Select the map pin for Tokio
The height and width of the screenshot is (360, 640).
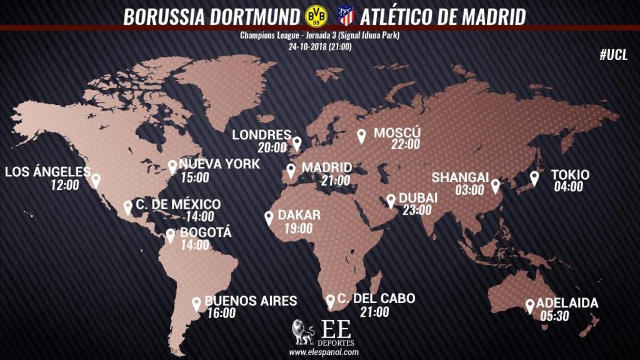(534, 177)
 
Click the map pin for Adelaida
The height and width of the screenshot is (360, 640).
(530, 305)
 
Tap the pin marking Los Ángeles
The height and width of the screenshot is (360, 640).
(96, 180)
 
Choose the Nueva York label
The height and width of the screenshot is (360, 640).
(211, 164)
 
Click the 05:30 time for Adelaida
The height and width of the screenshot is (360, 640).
(554, 316)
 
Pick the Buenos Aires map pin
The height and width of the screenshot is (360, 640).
(196, 303)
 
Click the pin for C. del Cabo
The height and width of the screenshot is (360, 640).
(330, 301)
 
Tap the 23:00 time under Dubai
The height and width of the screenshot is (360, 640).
(416, 210)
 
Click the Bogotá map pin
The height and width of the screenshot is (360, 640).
(171, 236)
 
